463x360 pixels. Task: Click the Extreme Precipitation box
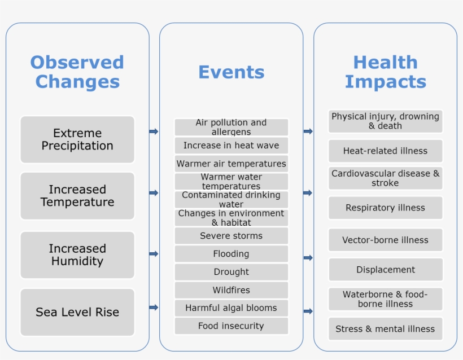[77, 139]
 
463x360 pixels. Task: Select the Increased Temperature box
[77, 196]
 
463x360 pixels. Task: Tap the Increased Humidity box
[77, 254]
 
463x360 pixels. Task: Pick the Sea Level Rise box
[77, 312]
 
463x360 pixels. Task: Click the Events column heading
[231, 72]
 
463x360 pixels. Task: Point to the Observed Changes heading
[77, 72]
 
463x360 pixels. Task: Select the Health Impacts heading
[385, 72]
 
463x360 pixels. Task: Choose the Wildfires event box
[231, 290]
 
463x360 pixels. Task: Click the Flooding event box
[231, 254]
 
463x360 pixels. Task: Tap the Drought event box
[231, 272]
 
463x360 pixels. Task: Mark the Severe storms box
[231, 236]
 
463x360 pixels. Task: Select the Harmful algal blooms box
[231, 308]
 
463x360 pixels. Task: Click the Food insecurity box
[231, 326]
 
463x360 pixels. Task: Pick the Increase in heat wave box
[231, 146]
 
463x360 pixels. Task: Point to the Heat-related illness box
[385, 151]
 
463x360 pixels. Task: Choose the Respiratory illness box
[385, 208]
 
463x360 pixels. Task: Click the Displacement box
[385, 269]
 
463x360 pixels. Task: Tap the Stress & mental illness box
[385, 329]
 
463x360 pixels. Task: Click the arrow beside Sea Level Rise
[154, 308]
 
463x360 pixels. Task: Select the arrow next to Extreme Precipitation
[154, 131]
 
